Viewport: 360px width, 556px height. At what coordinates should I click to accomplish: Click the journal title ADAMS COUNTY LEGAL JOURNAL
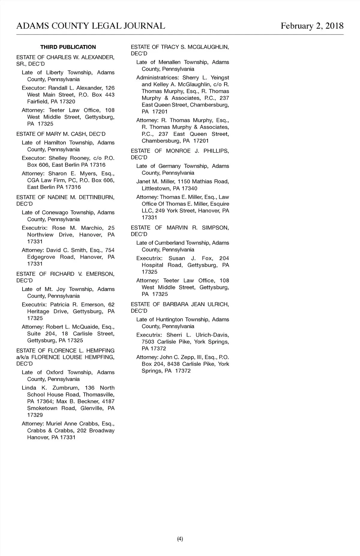coord(91,26)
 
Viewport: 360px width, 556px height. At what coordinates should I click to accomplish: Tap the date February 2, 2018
coord(312,26)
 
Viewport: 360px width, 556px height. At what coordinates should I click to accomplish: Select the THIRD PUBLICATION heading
coord(68,47)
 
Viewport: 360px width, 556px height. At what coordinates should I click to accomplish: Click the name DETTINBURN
coord(97,197)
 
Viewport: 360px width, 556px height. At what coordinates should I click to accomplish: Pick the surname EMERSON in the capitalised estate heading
coord(100,274)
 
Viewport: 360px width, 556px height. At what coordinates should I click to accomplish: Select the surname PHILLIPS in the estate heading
coord(216,151)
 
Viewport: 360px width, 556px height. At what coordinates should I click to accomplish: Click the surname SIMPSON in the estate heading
coord(215,227)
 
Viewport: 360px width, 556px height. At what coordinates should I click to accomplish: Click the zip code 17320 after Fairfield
coord(67,102)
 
